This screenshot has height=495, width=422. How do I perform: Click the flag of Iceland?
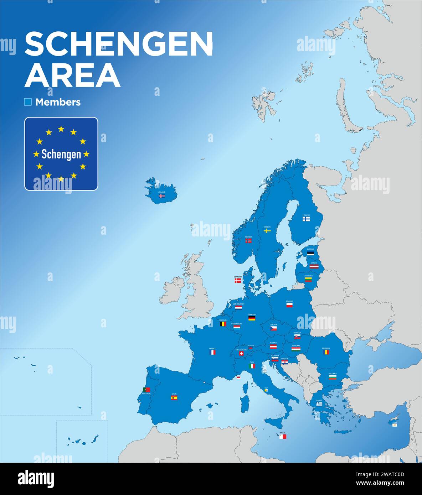click(x=162, y=196)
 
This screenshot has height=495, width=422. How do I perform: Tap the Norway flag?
click(x=248, y=241)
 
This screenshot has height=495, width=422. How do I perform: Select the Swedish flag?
click(x=267, y=231)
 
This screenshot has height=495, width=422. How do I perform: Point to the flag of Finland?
click(x=306, y=219)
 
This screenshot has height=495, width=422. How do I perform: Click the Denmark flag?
click(x=238, y=281)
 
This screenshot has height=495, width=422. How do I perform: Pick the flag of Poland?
click(x=289, y=305)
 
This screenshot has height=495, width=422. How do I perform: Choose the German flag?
click(x=252, y=318)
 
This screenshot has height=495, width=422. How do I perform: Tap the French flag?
click(x=212, y=352)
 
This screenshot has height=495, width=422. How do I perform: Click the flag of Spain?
click(x=174, y=397)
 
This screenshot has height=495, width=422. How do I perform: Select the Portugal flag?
click(x=146, y=390)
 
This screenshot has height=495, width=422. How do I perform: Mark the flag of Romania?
click(x=326, y=352)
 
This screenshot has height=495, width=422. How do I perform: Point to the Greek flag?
click(x=319, y=404)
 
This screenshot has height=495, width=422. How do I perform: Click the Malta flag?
click(x=283, y=436)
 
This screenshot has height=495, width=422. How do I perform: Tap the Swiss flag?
click(x=241, y=354)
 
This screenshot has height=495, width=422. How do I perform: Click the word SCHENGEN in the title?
click(x=119, y=43)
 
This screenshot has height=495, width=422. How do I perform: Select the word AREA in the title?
click(x=72, y=75)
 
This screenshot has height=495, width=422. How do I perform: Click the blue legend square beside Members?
click(x=28, y=102)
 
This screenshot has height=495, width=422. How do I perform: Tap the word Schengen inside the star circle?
click(x=61, y=154)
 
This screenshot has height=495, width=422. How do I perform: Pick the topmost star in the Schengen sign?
click(x=61, y=129)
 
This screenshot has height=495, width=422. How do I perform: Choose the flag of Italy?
click(x=252, y=366)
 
